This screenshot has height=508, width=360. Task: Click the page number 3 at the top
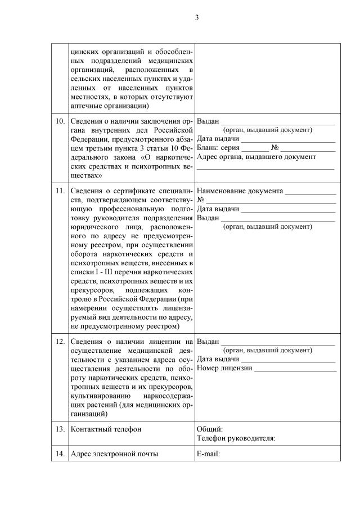coord(197,17)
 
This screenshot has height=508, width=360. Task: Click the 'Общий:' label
coord(210,429)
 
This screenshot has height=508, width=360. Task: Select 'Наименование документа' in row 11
coord(240,190)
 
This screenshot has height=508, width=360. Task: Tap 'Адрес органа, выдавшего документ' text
coord(256,157)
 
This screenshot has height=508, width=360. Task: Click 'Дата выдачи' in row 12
coord(218,359)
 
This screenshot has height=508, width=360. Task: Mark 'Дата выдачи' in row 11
coord(218,208)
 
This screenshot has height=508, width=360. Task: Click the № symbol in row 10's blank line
coord(275,148)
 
